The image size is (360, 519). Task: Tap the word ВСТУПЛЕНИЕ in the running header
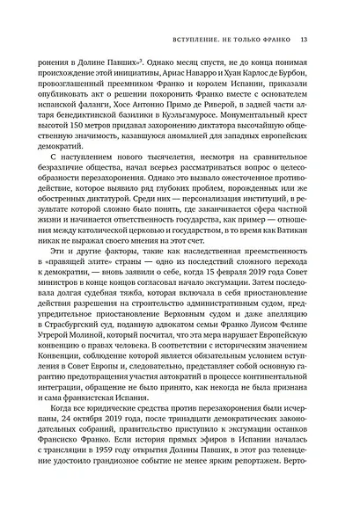(x=189, y=38)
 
